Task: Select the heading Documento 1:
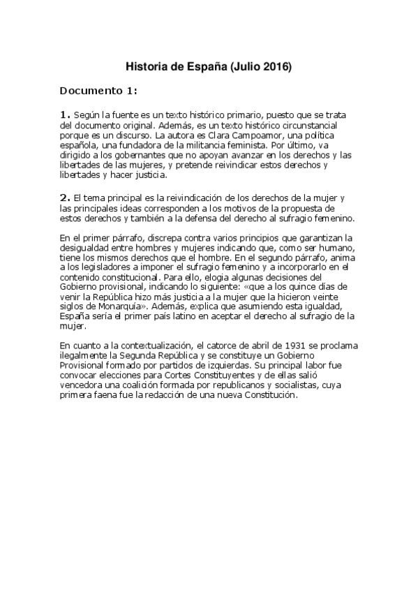pyautogui.click(x=98, y=91)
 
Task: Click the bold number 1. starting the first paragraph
pyautogui.click(x=65, y=114)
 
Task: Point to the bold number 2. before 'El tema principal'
pyautogui.click(x=65, y=199)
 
